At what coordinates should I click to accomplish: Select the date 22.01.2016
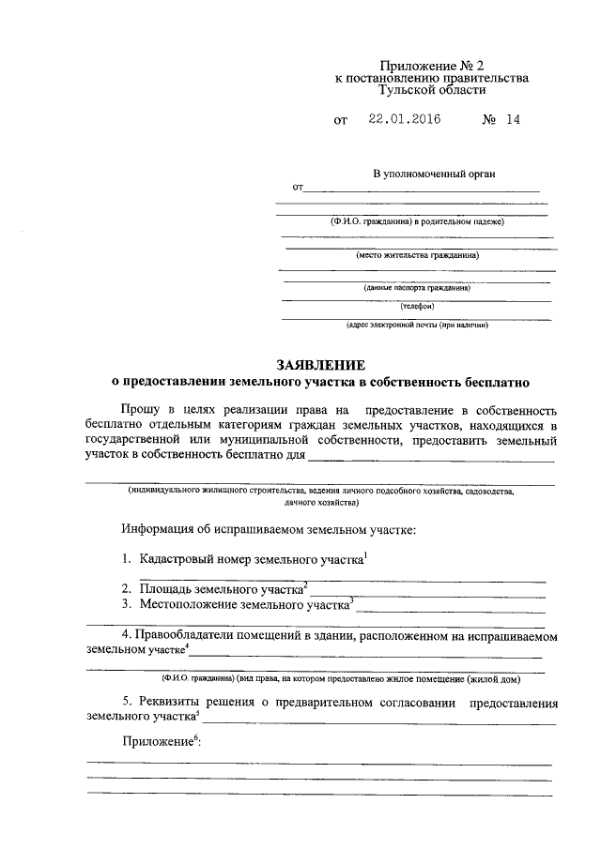tap(404, 120)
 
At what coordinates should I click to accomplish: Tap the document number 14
tap(512, 120)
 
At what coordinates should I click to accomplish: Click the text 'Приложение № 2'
tap(431, 66)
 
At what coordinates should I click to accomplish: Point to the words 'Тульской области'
tap(431, 92)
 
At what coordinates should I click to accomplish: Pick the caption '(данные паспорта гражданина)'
tap(417, 289)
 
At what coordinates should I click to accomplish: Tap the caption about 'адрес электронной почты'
tap(417, 325)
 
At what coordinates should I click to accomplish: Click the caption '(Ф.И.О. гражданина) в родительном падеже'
tap(417, 221)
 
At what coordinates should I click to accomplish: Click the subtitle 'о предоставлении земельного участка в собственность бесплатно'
tap(320, 383)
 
